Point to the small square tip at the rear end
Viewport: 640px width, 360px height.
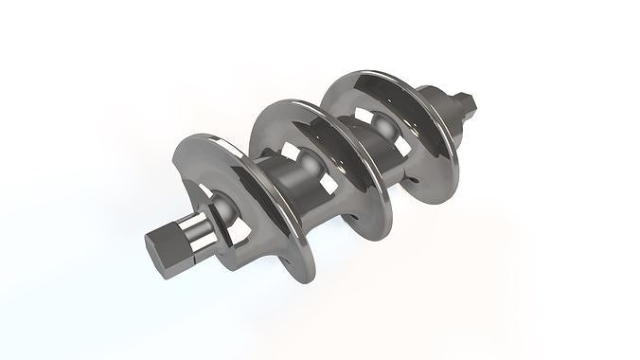coord(467,99)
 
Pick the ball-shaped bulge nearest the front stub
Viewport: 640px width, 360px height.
coord(223,203)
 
